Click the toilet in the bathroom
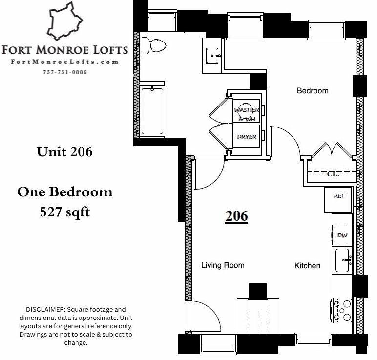coord(153,45)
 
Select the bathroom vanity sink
coord(212,56)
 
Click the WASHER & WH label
coord(247,114)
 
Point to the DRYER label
coord(247,137)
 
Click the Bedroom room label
coord(313,91)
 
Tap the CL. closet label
coord(333,174)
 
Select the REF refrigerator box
coord(338,200)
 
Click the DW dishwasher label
coord(342,235)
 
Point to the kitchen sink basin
coord(342,260)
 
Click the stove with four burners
coord(342,311)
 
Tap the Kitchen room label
coord(308,266)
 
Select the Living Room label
coord(223,265)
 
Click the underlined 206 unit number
coord(236,216)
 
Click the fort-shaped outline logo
coord(64,21)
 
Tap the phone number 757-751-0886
coord(65,72)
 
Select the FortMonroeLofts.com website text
coord(64,62)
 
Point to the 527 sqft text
coord(65,212)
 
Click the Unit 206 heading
coord(64,152)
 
